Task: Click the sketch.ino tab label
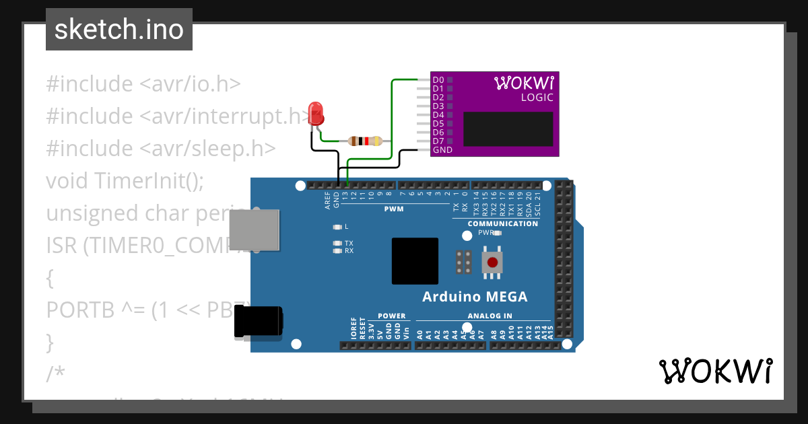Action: coord(119,30)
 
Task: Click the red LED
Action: coord(315,114)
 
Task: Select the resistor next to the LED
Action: coord(365,141)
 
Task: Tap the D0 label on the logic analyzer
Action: coord(438,80)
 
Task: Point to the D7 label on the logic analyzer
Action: coord(438,141)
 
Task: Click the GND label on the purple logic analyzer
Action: coord(442,150)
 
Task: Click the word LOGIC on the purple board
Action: coord(537,98)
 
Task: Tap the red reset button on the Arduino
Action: coord(492,262)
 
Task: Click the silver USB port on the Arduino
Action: coord(254,228)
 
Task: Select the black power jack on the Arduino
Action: coord(258,322)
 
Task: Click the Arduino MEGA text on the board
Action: coord(475,297)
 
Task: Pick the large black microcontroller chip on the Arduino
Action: coord(415,260)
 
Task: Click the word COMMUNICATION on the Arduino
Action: coord(502,223)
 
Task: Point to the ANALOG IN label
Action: coord(490,316)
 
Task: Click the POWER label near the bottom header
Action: coord(391,316)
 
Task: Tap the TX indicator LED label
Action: coord(349,243)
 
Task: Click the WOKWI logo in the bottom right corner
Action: coord(715,372)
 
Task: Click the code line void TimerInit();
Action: coord(125,180)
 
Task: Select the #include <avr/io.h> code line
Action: coord(143,84)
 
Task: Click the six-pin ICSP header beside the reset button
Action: coord(463,262)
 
